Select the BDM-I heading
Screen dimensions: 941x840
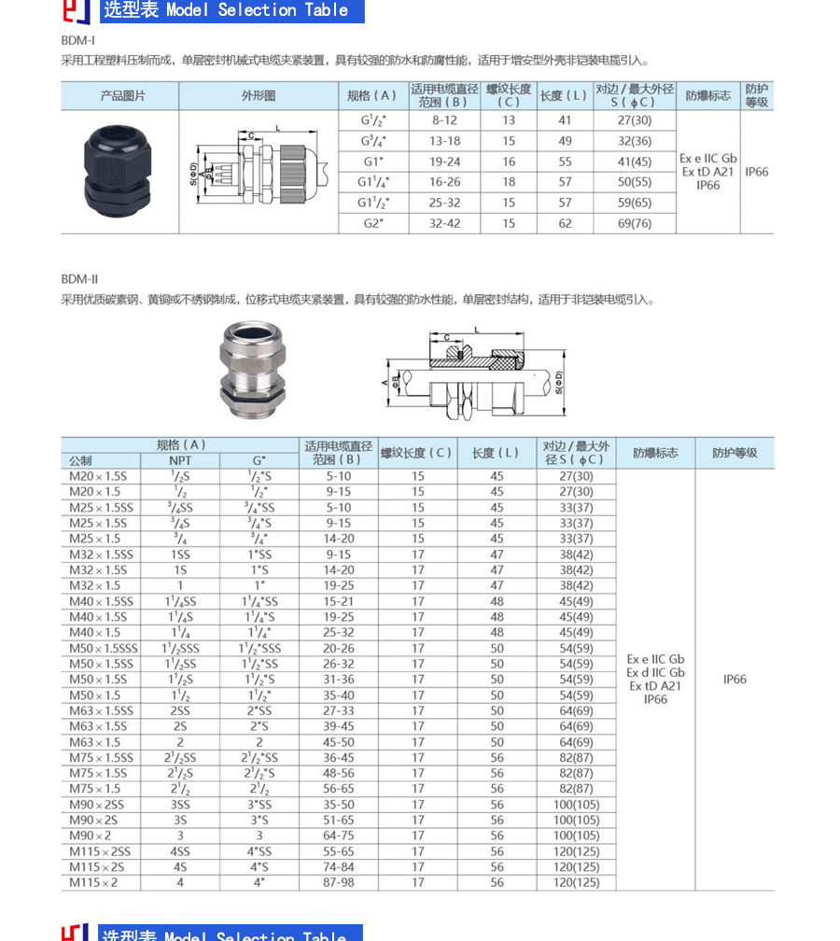(x=77, y=40)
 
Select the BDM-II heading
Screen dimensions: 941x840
(x=79, y=279)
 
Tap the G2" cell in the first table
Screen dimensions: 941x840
(x=372, y=223)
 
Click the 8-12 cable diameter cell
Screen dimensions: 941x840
(x=444, y=120)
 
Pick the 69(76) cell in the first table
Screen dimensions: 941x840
(x=635, y=223)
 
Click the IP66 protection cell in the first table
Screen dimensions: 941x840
(x=757, y=172)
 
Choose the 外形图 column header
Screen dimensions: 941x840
(x=259, y=95)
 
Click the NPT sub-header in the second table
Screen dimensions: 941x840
(x=180, y=460)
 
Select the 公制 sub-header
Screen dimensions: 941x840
(x=81, y=460)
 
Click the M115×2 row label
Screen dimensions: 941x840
(x=94, y=882)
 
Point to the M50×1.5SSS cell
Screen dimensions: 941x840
(x=103, y=648)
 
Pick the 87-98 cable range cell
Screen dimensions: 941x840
(x=339, y=882)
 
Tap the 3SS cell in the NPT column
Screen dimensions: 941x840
(x=180, y=805)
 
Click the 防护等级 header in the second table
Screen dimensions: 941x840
(x=735, y=453)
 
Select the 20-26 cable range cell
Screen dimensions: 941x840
(x=339, y=648)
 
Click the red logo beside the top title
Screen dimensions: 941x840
(x=76, y=10)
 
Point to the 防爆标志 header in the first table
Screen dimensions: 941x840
(x=707, y=95)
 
